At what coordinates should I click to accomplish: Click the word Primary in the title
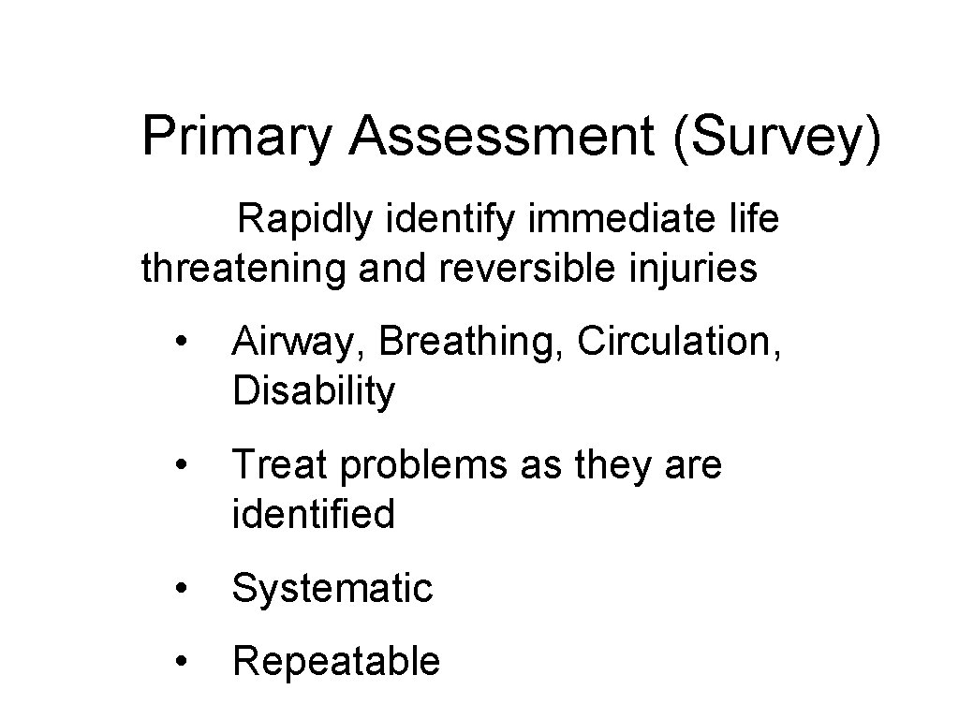238,138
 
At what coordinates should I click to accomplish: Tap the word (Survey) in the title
775,138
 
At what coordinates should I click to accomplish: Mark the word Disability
314,391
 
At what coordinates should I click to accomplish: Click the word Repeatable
335,662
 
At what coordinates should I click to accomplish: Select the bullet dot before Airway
187,343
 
